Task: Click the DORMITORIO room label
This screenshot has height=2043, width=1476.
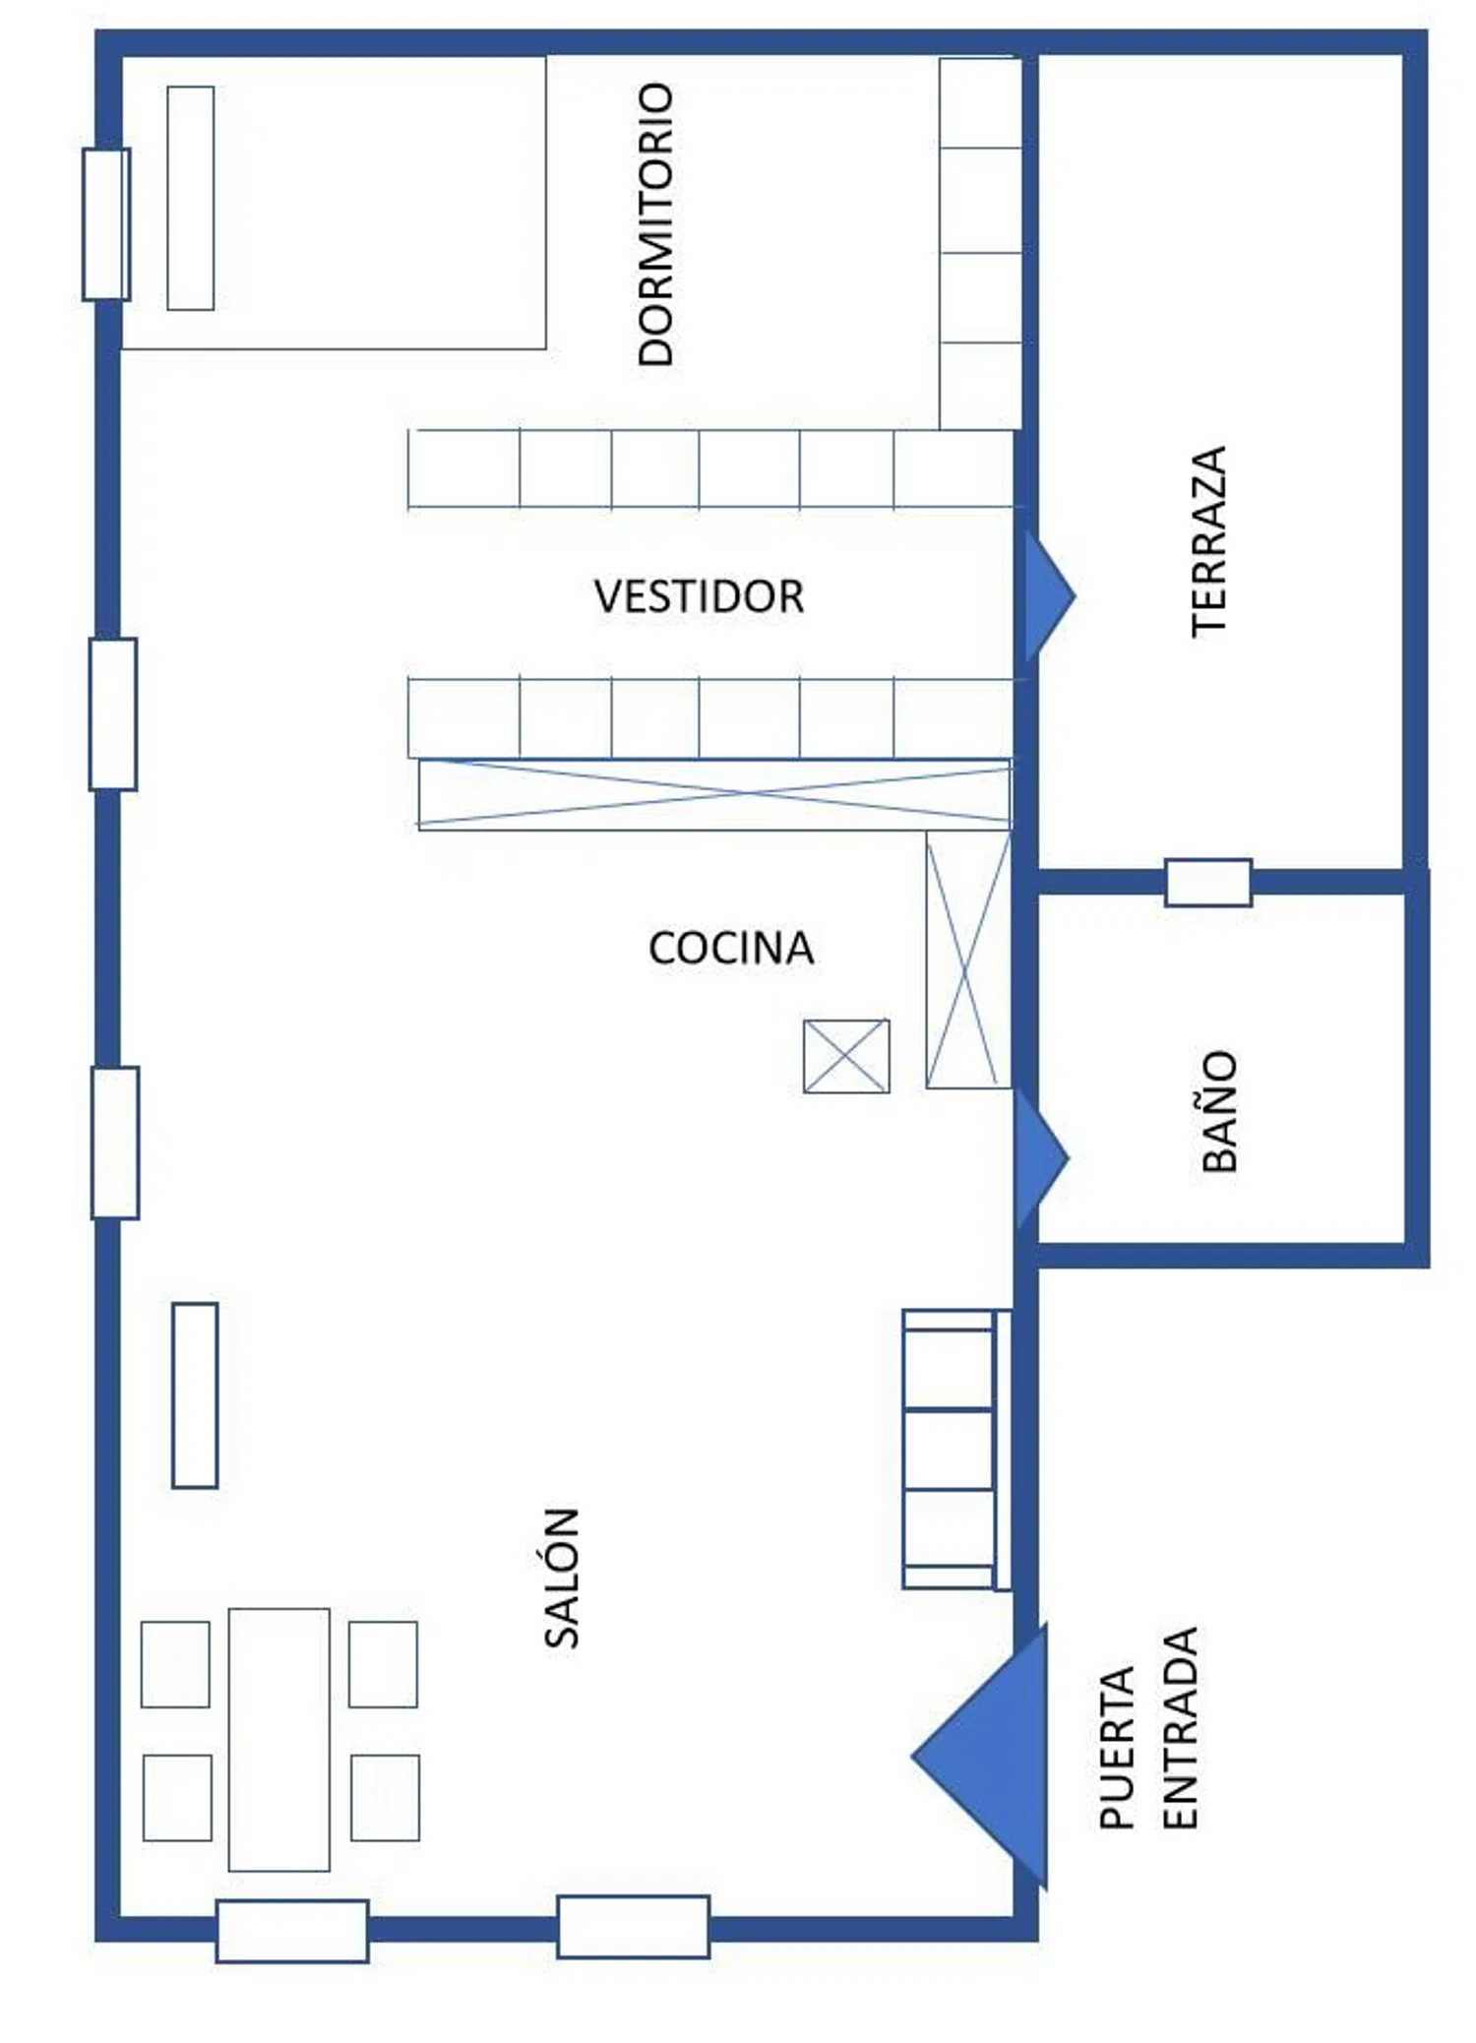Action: [x=656, y=224]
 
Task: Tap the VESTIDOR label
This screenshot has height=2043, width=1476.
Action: [x=699, y=596]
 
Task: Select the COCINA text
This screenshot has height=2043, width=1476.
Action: [x=731, y=948]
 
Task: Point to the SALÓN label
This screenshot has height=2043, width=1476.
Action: [x=562, y=1577]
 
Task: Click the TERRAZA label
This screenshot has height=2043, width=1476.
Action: [x=1209, y=541]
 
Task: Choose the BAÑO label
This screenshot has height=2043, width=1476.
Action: [x=1219, y=1110]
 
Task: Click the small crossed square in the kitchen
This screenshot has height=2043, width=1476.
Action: [x=846, y=1056]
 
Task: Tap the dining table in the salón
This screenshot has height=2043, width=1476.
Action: [x=279, y=1739]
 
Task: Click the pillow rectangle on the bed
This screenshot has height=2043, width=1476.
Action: [x=191, y=198]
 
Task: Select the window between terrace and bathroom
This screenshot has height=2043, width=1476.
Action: [x=1208, y=882]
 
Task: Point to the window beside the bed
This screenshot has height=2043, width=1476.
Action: [x=106, y=224]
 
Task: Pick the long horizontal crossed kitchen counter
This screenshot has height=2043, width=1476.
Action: [x=714, y=793]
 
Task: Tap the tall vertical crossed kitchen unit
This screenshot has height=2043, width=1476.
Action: [x=968, y=960]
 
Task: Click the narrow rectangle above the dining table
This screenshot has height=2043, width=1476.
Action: [x=195, y=1394]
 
